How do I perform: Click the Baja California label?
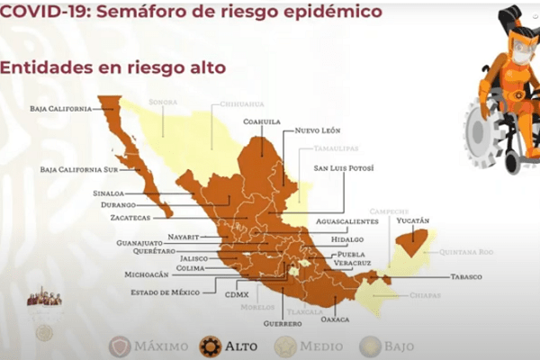(x=60, y=109)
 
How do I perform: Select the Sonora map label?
(x=163, y=103)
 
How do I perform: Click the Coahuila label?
(x=261, y=121)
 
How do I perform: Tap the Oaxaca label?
(x=334, y=318)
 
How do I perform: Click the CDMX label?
(x=237, y=293)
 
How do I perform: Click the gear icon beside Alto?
(x=211, y=346)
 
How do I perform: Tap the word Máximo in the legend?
(x=161, y=346)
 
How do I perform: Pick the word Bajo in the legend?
(x=399, y=346)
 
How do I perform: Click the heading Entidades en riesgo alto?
(x=112, y=68)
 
